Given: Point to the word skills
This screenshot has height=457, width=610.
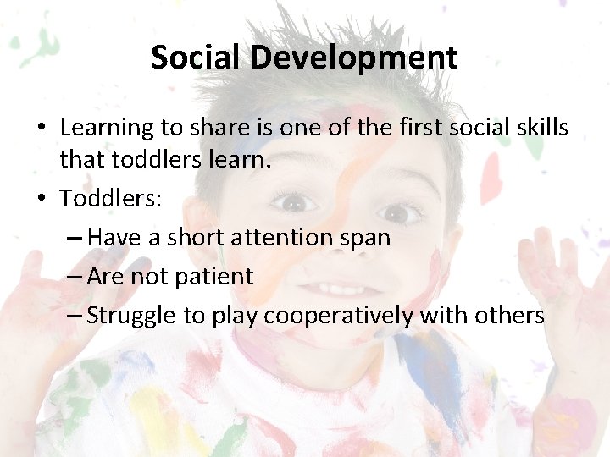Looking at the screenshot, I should tap(539, 128).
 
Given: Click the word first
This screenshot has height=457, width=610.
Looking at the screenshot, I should tap(399, 128).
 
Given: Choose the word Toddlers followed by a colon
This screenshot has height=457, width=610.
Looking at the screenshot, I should tap(108, 199).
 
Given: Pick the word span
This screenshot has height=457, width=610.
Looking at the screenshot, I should tap(365, 238).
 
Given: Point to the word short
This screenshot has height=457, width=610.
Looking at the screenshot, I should tap(194, 238).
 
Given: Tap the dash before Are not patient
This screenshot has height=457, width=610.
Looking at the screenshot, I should tap(74, 277).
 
